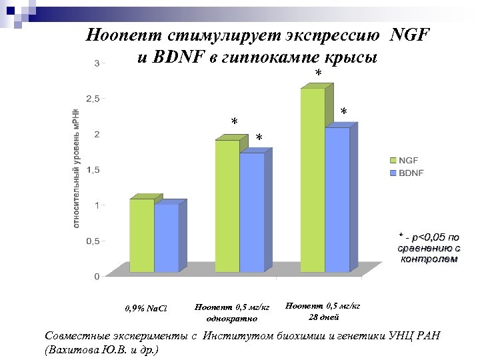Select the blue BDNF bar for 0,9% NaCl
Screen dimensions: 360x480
pos(166,238)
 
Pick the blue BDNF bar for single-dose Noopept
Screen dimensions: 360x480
pos(251,212)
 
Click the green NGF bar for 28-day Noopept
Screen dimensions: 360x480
pos(312,180)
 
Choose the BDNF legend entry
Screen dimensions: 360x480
pos(407,173)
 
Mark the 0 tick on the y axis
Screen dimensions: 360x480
pos(97,276)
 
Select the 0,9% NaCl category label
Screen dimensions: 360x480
pos(147,309)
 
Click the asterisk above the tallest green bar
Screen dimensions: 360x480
pos(318,73)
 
